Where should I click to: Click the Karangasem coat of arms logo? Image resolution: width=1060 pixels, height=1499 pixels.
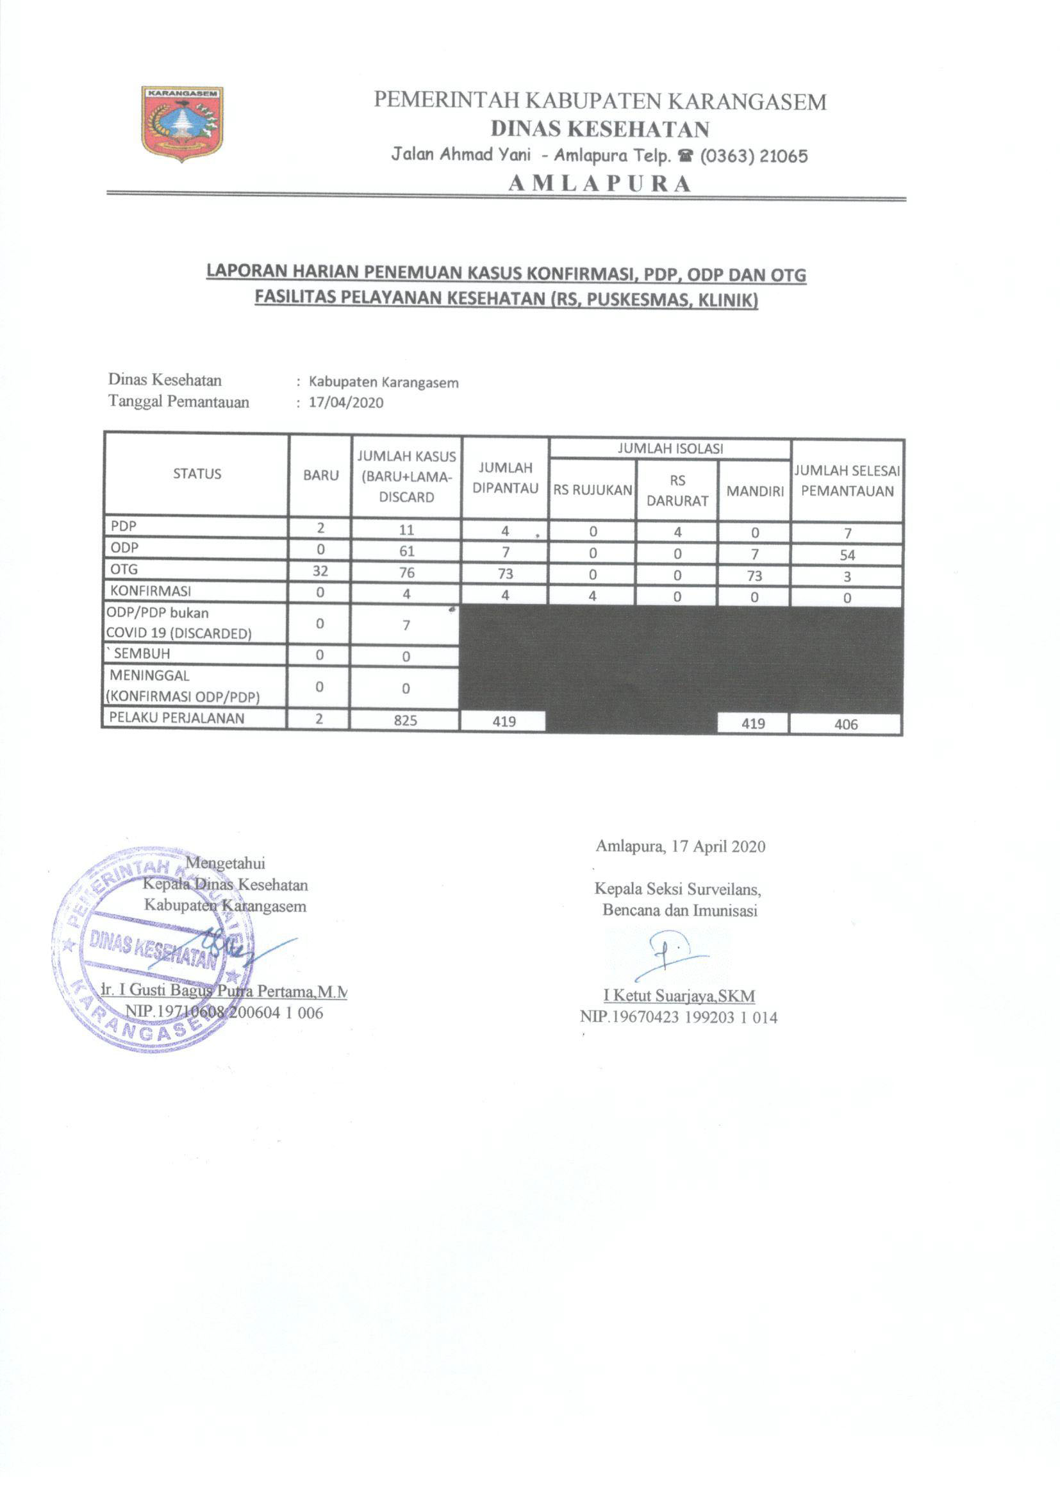(182, 123)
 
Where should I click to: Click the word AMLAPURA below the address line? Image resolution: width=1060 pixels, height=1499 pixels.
(600, 184)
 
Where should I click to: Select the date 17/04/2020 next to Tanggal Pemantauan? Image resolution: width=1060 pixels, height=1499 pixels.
(346, 402)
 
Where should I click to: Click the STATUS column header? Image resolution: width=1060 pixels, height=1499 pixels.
(197, 474)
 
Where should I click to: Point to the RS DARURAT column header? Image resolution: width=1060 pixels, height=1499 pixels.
(677, 490)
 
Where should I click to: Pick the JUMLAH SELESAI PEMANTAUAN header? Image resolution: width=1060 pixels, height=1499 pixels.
(847, 480)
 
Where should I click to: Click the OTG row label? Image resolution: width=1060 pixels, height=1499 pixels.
(124, 569)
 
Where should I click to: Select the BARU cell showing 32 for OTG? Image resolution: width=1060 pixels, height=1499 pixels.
(320, 571)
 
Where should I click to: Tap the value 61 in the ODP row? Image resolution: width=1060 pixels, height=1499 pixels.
(407, 551)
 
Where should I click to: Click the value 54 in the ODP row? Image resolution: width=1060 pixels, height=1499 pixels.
(847, 556)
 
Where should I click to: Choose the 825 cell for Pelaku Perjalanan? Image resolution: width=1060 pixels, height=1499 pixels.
(405, 720)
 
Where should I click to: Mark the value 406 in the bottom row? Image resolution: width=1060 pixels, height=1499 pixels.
(846, 724)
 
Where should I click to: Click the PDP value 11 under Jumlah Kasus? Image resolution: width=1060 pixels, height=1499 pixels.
(407, 530)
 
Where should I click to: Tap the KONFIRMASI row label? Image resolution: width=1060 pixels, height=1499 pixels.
(151, 592)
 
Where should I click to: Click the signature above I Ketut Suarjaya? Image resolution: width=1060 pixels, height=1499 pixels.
(670, 957)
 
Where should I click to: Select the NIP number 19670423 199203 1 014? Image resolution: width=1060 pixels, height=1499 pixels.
(678, 1017)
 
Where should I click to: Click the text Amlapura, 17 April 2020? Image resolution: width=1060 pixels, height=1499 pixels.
(680, 847)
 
